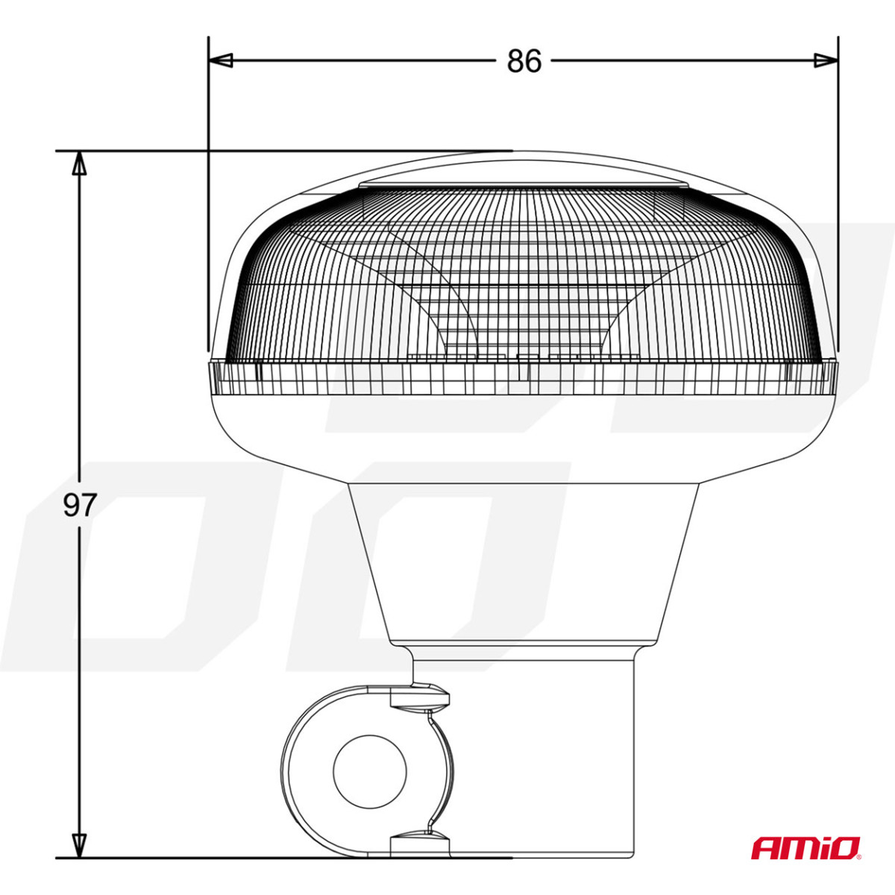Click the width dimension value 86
click(524, 61)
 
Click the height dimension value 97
click(79, 506)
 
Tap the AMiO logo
click(805, 847)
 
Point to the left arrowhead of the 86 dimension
click(221, 60)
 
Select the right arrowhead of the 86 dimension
click(826, 60)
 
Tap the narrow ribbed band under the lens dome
click(522, 377)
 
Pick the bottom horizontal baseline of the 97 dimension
click(224, 858)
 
